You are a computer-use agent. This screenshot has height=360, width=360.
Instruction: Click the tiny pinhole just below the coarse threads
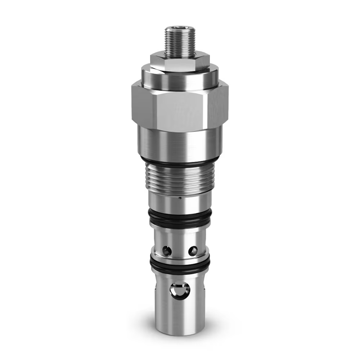click(180, 197)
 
